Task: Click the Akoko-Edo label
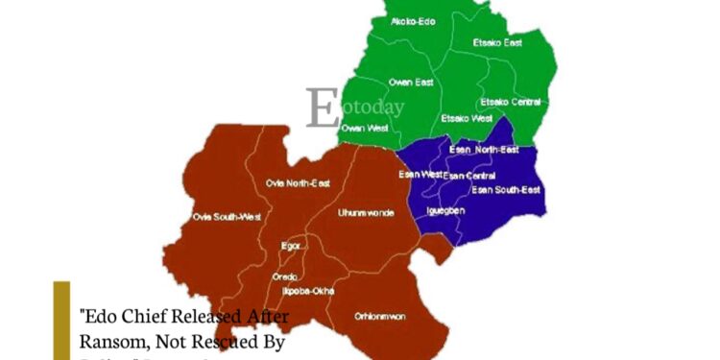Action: coord(412,21)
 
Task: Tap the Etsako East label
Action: coord(497,43)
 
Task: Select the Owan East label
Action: coord(410,83)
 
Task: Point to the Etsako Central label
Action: coord(510,101)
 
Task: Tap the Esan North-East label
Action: coord(485,150)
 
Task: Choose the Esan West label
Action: coord(420,175)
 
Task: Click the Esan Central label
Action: coord(469,176)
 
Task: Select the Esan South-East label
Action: coord(506,190)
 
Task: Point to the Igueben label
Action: coord(445,209)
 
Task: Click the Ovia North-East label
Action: coord(297,182)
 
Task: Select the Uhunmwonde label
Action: coord(367,211)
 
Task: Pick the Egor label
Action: coord(292,246)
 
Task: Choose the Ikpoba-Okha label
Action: coord(308,288)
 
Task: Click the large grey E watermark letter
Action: coord(323,108)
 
